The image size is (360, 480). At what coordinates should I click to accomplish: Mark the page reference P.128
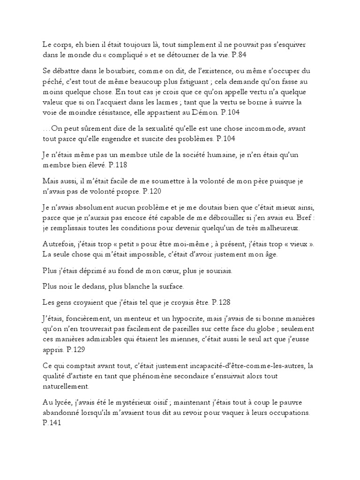tap(221, 301)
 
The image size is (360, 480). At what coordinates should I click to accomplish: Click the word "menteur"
tap(160, 317)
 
